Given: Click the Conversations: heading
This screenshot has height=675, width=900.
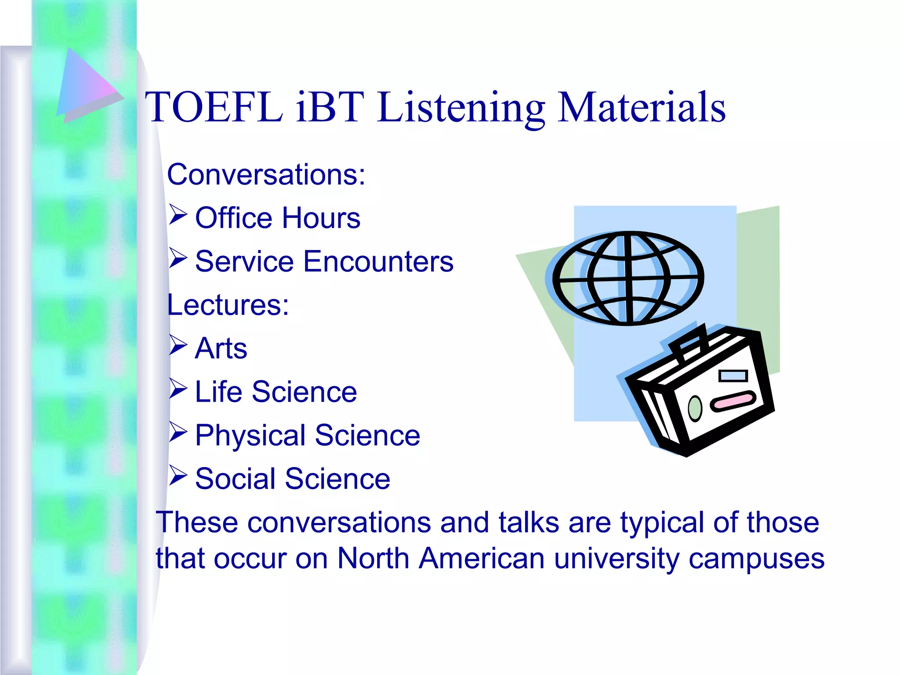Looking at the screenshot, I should (266, 174).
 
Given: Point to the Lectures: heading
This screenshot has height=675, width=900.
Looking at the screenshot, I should (228, 305).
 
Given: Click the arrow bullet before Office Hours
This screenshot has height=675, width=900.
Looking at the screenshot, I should (178, 215).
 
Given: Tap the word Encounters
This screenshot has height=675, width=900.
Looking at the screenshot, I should (378, 261).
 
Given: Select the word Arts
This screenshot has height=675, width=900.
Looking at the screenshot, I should (221, 348).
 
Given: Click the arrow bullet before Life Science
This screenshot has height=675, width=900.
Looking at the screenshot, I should (178, 389).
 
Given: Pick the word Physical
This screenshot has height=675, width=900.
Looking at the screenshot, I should (250, 435).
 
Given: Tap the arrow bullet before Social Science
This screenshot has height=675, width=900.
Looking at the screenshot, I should (178, 476).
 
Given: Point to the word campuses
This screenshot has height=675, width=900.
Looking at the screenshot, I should (756, 559).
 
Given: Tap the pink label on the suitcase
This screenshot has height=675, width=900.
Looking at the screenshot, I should (733, 401).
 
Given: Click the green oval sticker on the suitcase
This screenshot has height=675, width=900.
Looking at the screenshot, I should (695, 408).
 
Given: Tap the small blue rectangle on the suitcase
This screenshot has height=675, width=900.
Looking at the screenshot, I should (733, 376).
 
